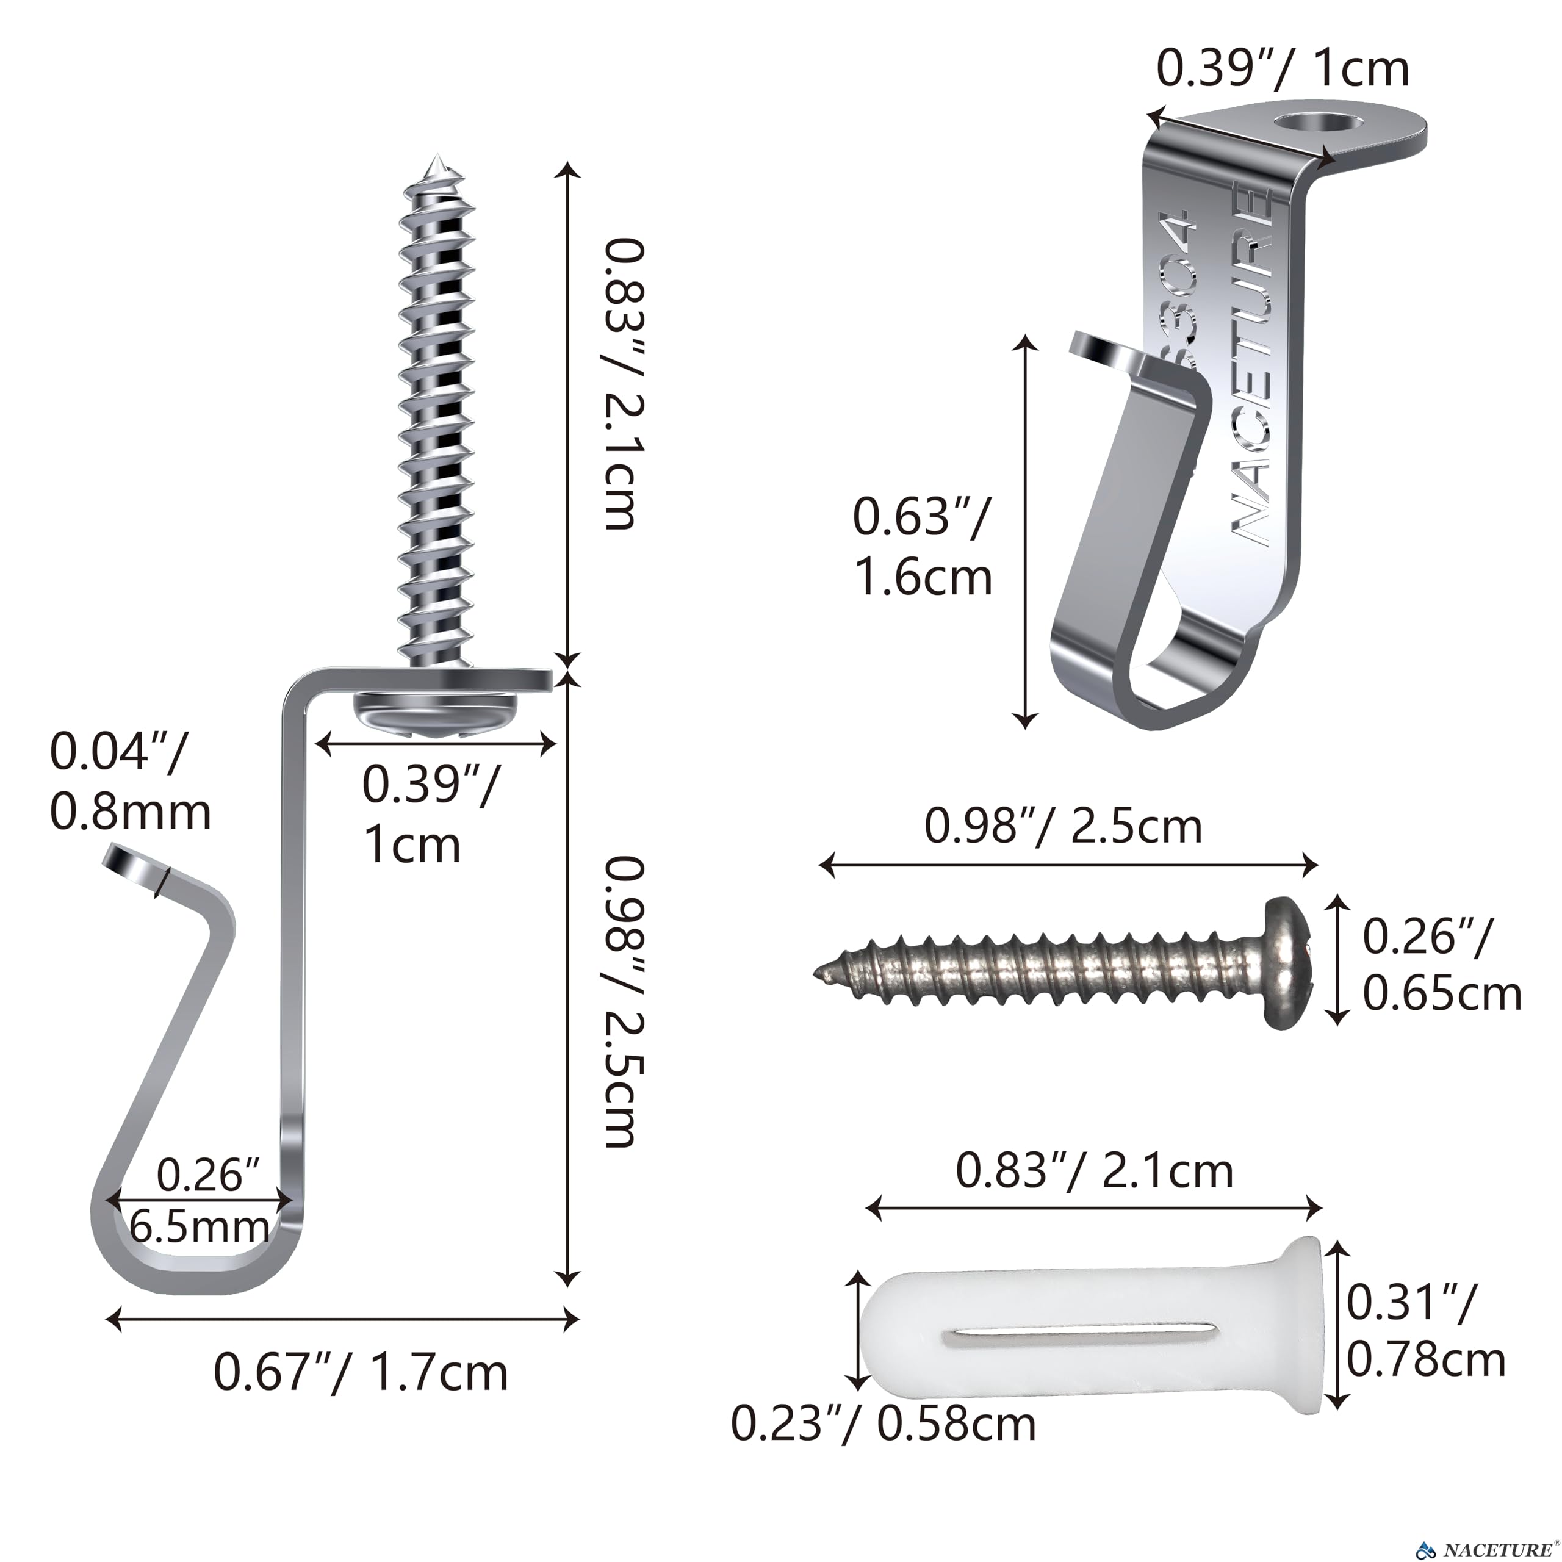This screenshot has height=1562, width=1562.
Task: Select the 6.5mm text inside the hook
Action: (200, 1227)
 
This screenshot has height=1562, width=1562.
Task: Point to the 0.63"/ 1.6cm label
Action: (923, 547)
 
